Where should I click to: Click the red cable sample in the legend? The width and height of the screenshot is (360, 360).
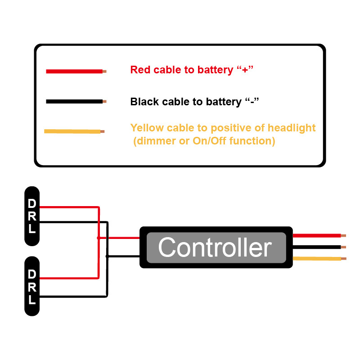[x=74, y=71]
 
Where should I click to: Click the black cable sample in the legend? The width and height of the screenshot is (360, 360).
[x=74, y=102]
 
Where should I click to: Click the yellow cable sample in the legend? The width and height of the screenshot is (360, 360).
[x=72, y=131]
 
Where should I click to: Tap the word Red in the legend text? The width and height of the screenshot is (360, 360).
[x=140, y=70]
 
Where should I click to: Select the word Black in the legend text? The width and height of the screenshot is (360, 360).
[x=144, y=102]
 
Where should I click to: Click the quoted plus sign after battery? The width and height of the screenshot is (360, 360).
[x=245, y=70]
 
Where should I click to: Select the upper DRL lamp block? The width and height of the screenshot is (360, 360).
[x=32, y=216]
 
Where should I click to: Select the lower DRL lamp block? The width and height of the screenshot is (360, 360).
[x=32, y=286]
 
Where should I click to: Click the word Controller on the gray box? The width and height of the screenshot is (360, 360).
[x=215, y=247]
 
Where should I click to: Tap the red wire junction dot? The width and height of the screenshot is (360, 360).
[x=99, y=238]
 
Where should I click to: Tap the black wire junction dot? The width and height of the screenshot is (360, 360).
[x=107, y=256]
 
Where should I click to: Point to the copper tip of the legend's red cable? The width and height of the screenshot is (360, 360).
[x=104, y=71]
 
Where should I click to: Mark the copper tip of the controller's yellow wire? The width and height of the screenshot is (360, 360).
[x=344, y=259]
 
